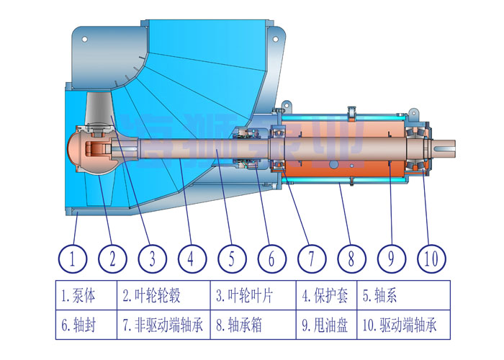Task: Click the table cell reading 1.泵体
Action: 85,295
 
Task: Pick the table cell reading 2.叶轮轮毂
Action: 163,295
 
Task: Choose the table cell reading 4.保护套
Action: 327,295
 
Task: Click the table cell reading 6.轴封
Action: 85,325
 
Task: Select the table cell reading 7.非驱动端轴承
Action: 163,325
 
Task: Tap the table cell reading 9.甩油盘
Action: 327,325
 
